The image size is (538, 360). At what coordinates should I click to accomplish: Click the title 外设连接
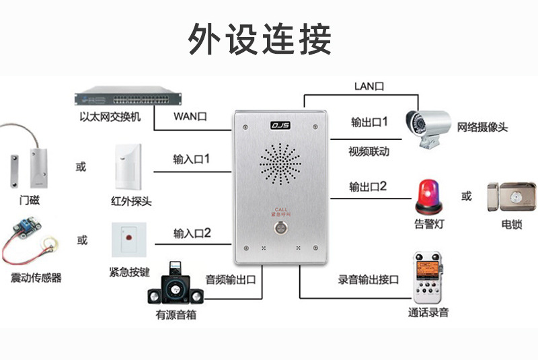click(260, 39)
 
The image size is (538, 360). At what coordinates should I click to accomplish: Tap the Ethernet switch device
click(128, 96)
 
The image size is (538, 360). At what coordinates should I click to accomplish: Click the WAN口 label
click(190, 116)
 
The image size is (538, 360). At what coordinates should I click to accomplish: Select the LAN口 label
click(369, 86)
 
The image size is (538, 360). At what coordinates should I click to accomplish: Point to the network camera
click(428, 129)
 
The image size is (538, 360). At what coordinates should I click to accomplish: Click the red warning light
click(428, 197)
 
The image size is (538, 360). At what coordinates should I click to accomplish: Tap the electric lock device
click(512, 197)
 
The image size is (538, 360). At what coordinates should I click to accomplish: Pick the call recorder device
click(427, 277)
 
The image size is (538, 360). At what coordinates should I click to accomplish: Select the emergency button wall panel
click(129, 240)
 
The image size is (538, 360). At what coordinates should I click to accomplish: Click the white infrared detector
click(128, 166)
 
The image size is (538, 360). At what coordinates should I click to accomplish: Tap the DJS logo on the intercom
click(280, 125)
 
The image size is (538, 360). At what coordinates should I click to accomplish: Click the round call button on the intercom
click(280, 227)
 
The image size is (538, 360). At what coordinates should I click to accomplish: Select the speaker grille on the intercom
click(280, 164)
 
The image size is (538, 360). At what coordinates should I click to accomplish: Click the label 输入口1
click(191, 159)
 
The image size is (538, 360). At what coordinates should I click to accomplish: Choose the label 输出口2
click(368, 186)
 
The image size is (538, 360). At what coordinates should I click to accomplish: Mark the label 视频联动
click(369, 151)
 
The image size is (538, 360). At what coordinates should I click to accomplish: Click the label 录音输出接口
click(368, 280)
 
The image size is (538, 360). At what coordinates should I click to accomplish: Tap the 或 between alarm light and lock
click(466, 196)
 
